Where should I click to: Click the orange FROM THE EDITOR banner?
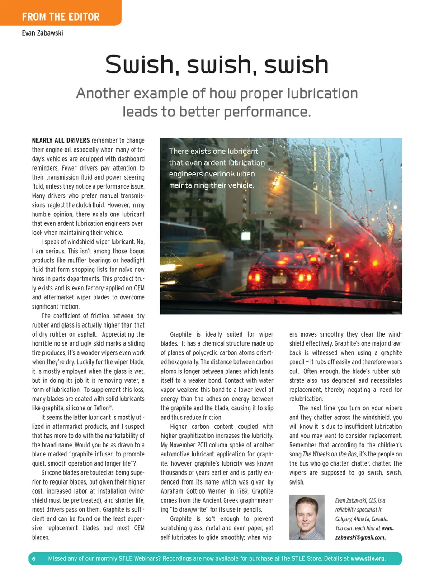click(x=61, y=17)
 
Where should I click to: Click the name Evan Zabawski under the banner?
click(x=42, y=33)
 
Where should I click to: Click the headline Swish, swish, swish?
click(x=217, y=64)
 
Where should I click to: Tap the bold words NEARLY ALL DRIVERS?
click(x=61, y=140)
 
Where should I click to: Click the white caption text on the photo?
click(x=217, y=168)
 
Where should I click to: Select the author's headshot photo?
click(x=307, y=517)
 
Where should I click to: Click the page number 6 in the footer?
click(x=33, y=558)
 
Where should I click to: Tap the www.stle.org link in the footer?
click(x=368, y=558)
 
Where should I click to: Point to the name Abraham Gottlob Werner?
click(x=198, y=491)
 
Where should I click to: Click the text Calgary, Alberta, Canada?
click(x=362, y=519)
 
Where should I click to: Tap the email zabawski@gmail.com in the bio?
click(x=360, y=537)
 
